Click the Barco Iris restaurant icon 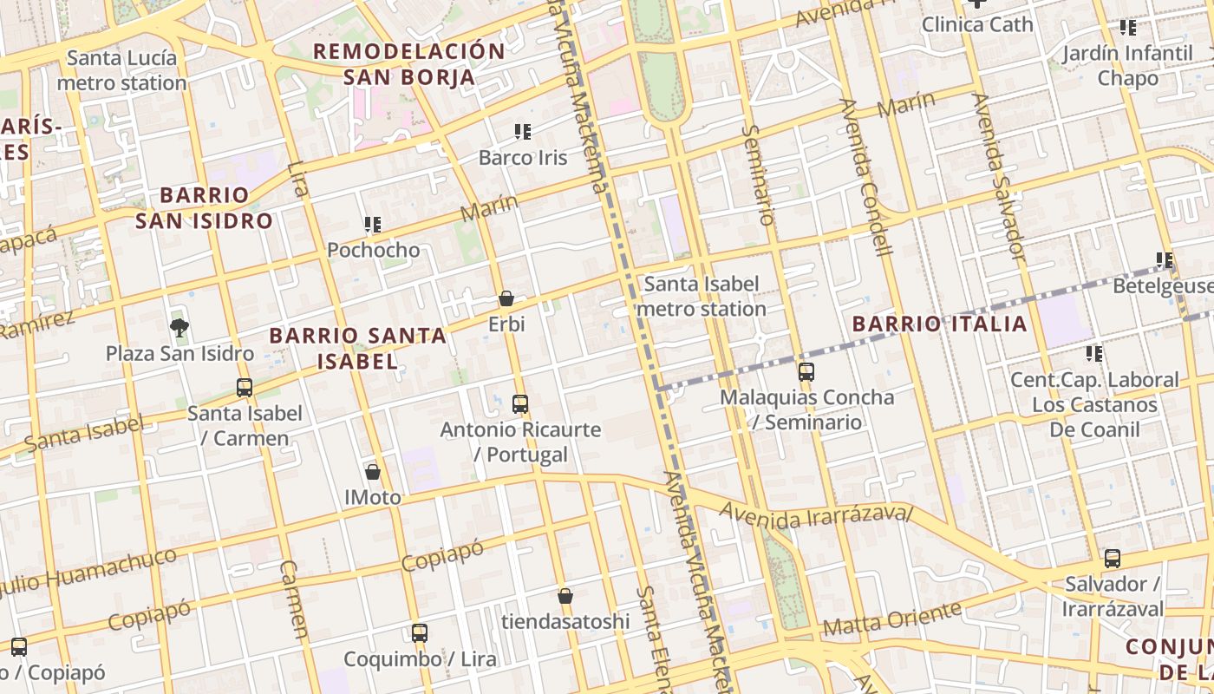pos(523,132)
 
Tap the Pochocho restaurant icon pos(373,225)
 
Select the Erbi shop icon pos(506,299)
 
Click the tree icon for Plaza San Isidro pos(179,327)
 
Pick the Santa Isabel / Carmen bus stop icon pos(245,388)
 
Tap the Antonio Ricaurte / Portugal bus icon pos(520,403)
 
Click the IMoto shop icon pos(373,472)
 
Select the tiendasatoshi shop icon pos(565,596)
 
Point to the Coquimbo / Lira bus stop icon pos(420,632)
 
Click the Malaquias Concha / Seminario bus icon pos(806,372)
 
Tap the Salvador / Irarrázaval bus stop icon pos(1113,559)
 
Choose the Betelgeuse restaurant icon pos(1165,259)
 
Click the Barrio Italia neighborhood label pos(939,324)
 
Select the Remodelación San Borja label pos(408,64)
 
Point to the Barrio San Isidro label pos(204,207)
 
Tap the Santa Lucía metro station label pos(121,71)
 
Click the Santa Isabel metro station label pos(702,296)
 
